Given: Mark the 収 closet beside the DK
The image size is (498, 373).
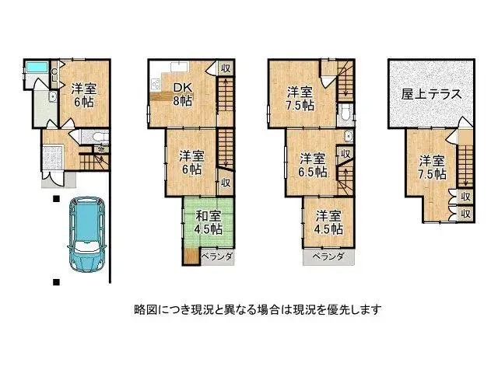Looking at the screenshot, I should (224, 68).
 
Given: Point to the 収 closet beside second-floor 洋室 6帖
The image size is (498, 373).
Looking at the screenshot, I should (224, 183).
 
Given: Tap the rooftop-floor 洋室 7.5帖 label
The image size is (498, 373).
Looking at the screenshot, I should (431, 167).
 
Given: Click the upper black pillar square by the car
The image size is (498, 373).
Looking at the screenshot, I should (56, 200).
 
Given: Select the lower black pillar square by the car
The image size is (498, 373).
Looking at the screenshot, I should (56, 281).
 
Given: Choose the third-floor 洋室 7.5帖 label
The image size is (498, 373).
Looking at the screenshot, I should (300, 96).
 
